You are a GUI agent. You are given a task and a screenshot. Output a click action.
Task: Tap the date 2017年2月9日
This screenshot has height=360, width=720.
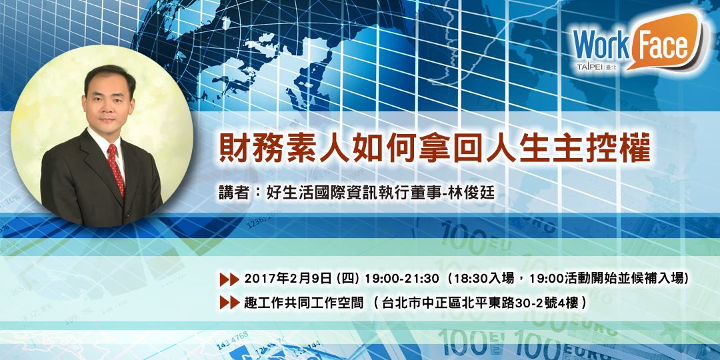(289, 277)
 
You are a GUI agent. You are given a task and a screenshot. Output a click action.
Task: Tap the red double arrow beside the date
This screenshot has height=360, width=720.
(229, 277)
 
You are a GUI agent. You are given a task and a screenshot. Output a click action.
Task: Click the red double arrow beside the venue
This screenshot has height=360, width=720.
(229, 302)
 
